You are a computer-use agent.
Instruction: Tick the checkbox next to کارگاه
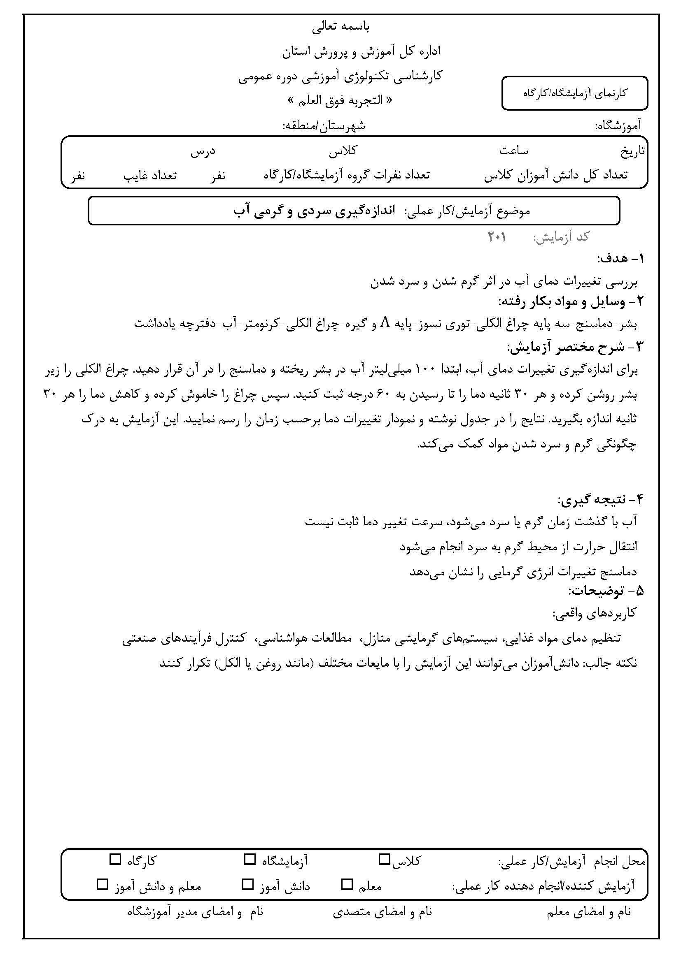pos(115,860)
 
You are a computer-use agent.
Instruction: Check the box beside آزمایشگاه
pos(250,860)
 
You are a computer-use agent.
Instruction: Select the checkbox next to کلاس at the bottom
pos(384,860)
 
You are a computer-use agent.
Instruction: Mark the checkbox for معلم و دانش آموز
pos(102,885)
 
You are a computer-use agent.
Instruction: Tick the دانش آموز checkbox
pos(248,885)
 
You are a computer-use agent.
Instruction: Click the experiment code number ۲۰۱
pos(497,238)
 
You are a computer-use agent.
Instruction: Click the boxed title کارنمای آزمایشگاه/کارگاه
pos(574,93)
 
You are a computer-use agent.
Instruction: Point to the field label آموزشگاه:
pos(618,125)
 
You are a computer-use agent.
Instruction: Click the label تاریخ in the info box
pos(633,152)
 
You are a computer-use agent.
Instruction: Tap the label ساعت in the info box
pos(513,151)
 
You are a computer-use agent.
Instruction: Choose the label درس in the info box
pos(203,151)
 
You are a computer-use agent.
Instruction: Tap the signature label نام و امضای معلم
pos(589,912)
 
